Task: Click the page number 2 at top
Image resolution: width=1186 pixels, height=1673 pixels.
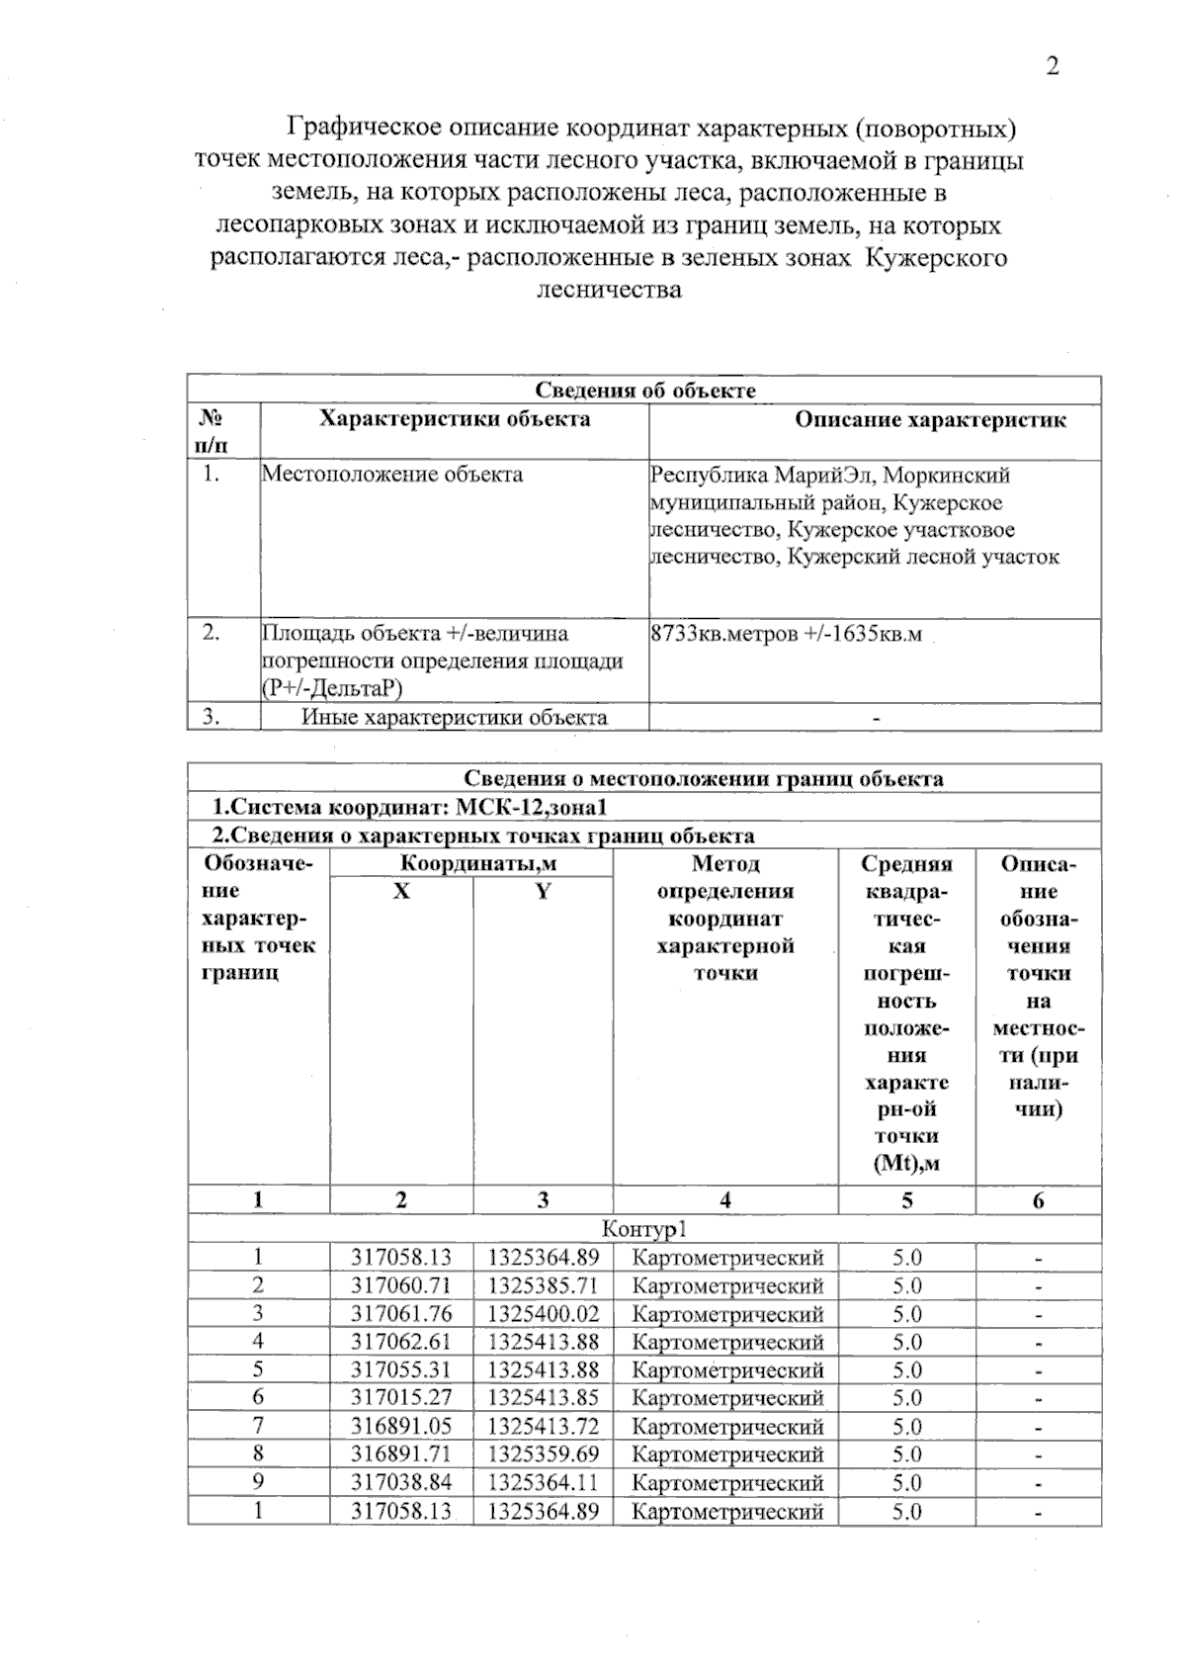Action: [1053, 67]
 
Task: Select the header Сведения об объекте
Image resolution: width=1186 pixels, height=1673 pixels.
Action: [644, 391]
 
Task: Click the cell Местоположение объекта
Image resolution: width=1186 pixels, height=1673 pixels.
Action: [392, 475]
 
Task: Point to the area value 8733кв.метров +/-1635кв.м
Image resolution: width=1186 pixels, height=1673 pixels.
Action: [787, 634]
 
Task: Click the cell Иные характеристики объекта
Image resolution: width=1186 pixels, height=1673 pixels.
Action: [454, 718]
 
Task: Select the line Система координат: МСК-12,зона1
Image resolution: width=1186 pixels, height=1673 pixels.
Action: [408, 808]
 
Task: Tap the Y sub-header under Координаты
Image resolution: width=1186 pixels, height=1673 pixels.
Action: [543, 892]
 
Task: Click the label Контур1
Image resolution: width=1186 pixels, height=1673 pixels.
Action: [643, 1230]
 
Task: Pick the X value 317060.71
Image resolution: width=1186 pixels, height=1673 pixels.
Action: [401, 1286]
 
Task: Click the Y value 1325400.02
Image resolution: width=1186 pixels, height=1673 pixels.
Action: [543, 1314]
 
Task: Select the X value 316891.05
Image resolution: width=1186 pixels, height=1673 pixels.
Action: [401, 1427]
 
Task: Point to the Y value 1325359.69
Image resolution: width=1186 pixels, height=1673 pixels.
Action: [543, 1454]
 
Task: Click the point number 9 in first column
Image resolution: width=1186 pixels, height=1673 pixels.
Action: [258, 1483]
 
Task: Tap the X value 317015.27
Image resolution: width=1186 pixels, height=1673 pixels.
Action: [401, 1398]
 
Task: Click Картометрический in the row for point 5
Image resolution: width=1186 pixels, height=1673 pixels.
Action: [726, 1370]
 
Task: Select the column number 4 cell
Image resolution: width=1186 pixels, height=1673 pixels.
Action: [725, 1201]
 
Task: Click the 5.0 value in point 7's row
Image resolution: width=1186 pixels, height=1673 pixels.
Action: [906, 1427]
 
